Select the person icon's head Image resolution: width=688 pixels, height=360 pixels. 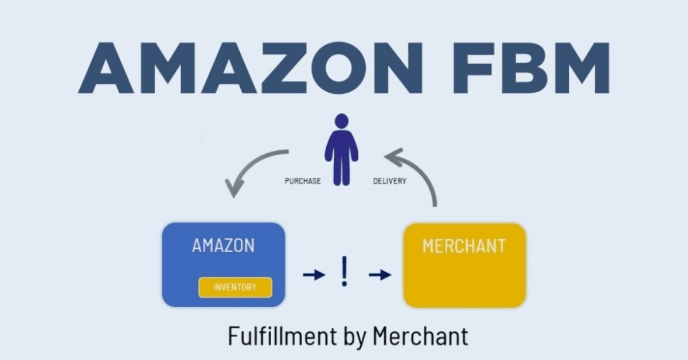[x=341, y=122]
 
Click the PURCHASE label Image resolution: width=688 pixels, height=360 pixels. [x=303, y=181]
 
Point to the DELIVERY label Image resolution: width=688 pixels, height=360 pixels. [x=390, y=181]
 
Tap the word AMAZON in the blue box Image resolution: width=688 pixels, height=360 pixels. [x=223, y=246]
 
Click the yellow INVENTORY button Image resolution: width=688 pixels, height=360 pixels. [x=235, y=287]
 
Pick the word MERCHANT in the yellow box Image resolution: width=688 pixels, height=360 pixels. [x=464, y=246]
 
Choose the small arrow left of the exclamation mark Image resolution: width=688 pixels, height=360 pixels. [x=313, y=275]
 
